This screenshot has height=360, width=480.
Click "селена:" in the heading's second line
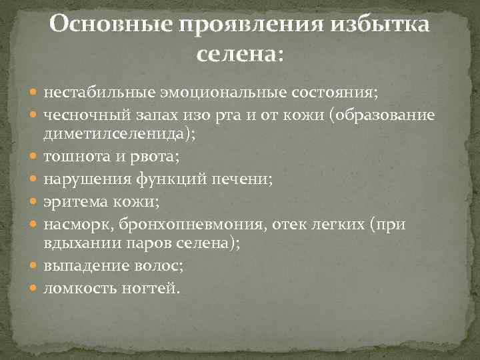[x=240, y=54]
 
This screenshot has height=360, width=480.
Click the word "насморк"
[x=74, y=223]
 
